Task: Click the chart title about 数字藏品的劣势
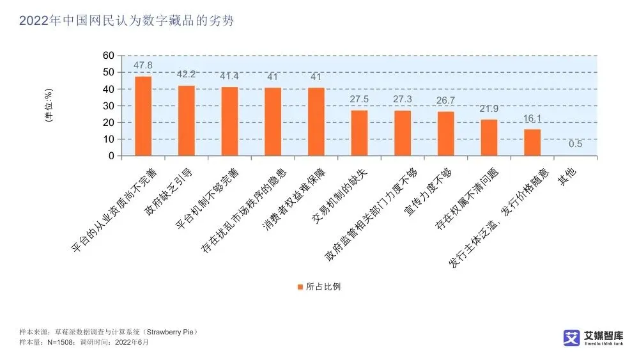[126, 21]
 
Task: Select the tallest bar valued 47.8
[143, 116]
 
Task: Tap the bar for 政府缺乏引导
[186, 120]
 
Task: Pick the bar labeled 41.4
[229, 121]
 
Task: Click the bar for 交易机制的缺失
[359, 133]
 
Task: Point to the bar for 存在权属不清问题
[489, 137]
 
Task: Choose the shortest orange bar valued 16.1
[532, 142]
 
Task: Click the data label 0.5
[575, 144]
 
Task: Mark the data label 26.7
[445, 100]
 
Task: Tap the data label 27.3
[403, 99]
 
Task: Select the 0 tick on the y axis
[111, 156]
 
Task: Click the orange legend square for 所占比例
[300, 286]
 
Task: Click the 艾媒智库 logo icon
[571, 338]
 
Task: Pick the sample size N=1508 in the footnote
[59, 343]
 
